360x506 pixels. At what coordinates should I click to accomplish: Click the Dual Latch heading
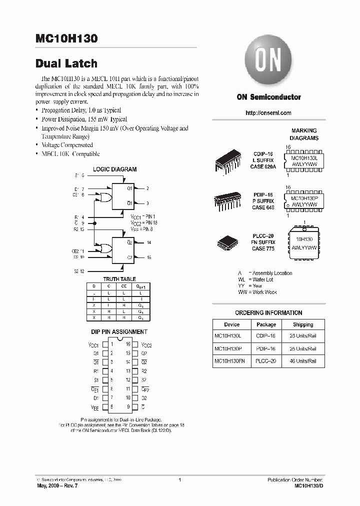[66, 63]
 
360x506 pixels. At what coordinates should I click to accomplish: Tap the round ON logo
[268, 61]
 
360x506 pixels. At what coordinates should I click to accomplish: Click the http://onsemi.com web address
[268, 113]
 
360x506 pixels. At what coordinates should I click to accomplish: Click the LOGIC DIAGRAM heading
[114, 169]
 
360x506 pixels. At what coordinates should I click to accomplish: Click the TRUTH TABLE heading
[119, 279]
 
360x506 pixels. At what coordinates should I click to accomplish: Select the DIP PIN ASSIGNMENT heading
[118, 331]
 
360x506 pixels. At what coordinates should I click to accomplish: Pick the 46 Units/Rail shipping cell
[303, 360]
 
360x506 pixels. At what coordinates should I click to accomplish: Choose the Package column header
[266, 324]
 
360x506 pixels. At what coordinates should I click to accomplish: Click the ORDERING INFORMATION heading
[268, 313]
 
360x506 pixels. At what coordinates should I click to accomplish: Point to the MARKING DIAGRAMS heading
[304, 134]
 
